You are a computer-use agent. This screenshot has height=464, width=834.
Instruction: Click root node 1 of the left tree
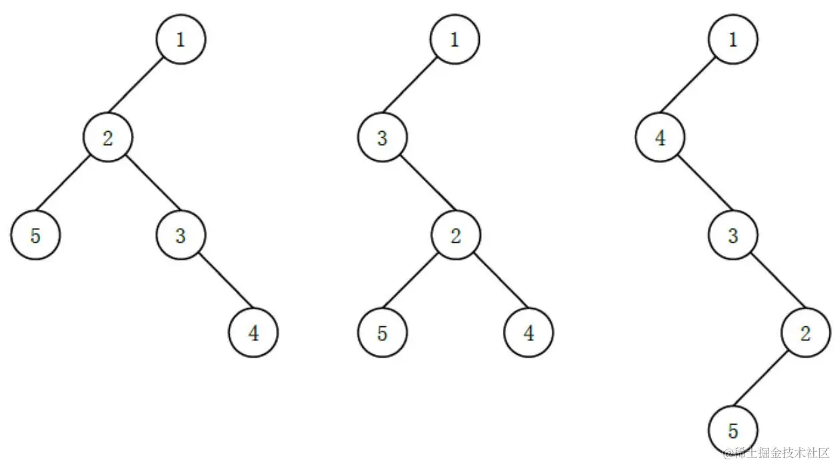click(x=180, y=39)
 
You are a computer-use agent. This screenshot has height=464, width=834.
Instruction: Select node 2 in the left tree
click(x=108, y=138)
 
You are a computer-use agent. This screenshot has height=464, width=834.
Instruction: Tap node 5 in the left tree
click(x=35, y=235)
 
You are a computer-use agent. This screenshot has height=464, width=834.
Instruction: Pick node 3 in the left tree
click(x=180, y=235)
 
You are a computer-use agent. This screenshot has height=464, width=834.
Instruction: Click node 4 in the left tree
click(x=253, y=332)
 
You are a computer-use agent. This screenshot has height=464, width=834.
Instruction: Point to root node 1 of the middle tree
click(x=454, y=39)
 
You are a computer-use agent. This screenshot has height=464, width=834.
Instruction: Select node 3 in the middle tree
click(x=382, y=138)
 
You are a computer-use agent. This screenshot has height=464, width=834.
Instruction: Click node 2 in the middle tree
click(x=455, y=235)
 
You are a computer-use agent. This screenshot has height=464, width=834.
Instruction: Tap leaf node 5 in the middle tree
click(x=382, y=332)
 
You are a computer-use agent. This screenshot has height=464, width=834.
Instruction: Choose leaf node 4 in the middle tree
click(x=529, y=332)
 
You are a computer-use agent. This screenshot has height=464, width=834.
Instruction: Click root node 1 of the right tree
click(x=733, y=39)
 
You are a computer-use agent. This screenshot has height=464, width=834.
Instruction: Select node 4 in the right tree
click(x=660, y=138)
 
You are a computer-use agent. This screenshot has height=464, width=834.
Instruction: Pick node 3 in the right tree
click(x=733, y=235)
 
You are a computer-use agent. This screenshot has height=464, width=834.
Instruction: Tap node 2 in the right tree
click(x=805, y=332)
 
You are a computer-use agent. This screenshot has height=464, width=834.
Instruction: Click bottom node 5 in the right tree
click(x=733, y=429)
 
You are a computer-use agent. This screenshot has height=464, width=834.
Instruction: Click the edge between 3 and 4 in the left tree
click(x=217, y=284)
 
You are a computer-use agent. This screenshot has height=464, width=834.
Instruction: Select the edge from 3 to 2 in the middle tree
click(x=419, y=187)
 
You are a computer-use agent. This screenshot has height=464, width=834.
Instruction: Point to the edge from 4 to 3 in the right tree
click(x=697, y=187)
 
